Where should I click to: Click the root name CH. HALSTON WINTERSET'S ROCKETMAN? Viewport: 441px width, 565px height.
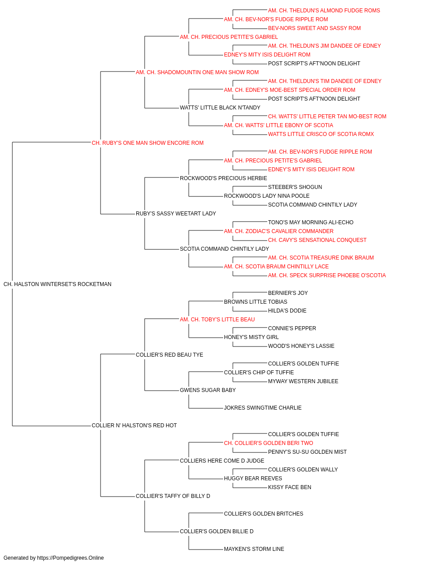pos(57,284)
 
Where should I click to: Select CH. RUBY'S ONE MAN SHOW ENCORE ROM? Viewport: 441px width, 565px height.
pos(148,143)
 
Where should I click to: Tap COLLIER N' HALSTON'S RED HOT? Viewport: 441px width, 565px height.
pos(134,426)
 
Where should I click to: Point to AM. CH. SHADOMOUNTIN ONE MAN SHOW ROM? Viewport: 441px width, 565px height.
pos(197,72)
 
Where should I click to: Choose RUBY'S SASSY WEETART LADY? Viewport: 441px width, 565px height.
pos(176,214)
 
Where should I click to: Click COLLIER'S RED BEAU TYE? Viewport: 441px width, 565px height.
pos(169,354)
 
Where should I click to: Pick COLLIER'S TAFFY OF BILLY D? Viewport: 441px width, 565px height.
pos(173,496)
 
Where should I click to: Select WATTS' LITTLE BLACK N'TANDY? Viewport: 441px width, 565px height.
pos(220,108)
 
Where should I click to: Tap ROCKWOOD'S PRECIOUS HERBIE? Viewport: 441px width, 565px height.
pos(223,178)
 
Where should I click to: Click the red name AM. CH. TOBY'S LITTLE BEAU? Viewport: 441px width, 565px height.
pos(217,319)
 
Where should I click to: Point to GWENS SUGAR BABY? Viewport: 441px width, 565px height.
pos(208,390)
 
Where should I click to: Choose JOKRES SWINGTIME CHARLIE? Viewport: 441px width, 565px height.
pos(263,408)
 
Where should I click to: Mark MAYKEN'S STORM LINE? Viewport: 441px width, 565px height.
pos(254,549)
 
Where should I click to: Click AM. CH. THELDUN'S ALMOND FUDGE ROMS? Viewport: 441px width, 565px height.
pos(324,11)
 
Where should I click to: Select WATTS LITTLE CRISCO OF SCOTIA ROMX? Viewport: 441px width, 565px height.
pos(321,134)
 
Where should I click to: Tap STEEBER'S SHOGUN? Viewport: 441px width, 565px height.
pos(295,187)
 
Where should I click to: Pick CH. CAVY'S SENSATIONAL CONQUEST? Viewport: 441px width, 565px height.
pos(317,240)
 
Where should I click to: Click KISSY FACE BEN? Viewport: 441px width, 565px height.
pos(290,487)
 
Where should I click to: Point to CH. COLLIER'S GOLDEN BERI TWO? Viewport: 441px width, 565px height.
pos(269,443)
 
